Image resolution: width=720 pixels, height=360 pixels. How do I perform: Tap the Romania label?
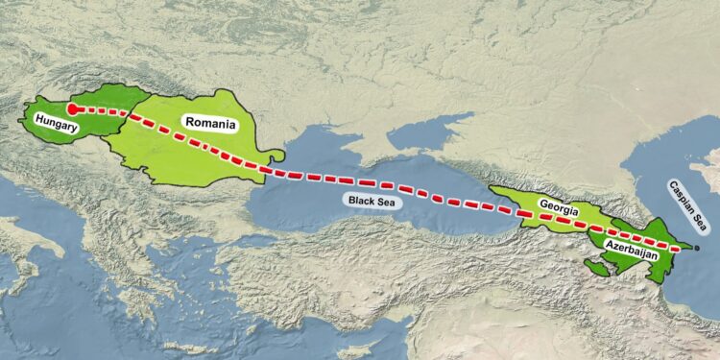209,123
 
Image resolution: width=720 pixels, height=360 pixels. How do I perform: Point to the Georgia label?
558,204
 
